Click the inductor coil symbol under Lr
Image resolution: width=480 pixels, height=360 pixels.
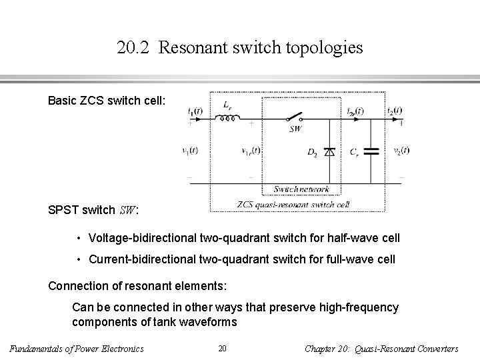click(x=226, y=120)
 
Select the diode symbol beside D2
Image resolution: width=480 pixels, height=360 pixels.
click(x=328, y=152)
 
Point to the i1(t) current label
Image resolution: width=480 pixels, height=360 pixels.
click(x=194, y=111)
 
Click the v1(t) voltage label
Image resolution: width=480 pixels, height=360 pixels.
click(x=190, y=151)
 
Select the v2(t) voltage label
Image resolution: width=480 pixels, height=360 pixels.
click(x=401, y=151)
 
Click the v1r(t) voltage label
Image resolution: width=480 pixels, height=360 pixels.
click(x=251, y=151)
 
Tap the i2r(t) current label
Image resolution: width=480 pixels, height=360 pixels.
click(x=355, y=111)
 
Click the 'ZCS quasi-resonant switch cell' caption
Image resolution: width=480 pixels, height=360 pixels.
click(x=293, y=204)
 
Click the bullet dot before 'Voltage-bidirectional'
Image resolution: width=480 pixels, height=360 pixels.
click(x=79, y=238)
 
